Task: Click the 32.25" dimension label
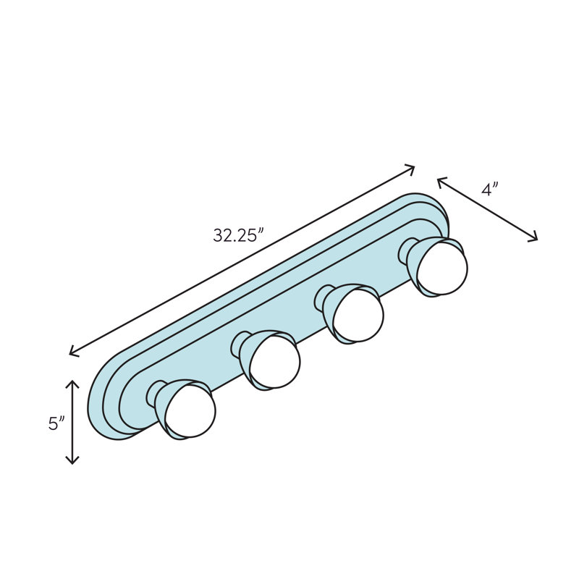coord(239,235)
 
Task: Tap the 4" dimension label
coord(490,189)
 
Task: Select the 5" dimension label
coord(56,423)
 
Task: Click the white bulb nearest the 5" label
coord(190,411)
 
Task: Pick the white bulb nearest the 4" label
coord(442,269)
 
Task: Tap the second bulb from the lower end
coord(274,362)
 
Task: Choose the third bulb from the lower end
coord(358,316)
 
